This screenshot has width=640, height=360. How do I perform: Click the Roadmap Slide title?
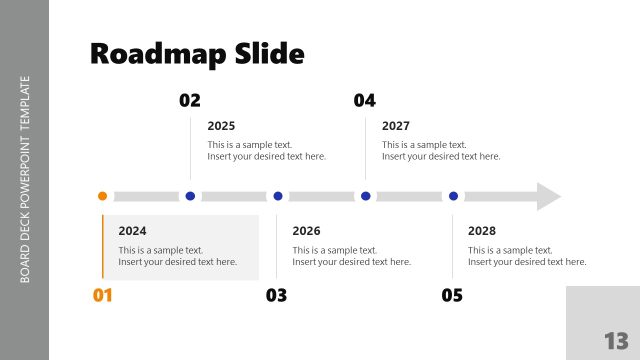pyautogui.click(x=197, y=53)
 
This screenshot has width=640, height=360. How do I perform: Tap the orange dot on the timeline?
pyautogui.click(x=102, y=196)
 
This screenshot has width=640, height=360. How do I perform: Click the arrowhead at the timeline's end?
pyautogui.click(x=548, y=196)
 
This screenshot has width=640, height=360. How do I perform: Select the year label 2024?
pyautogui.click(x=132, y=231)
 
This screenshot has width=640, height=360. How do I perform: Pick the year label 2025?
pyautogui.click(x=221, y=126)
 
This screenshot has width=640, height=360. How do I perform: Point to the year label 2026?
pyautogui.click(x=306, y=231)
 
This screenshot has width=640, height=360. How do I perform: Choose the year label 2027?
pyautogui.click(x=396, y=126)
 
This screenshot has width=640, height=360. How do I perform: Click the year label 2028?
pyautogui.click(x=482, y=231)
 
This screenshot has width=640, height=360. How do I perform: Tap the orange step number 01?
pyautogui.click(x=103, y=295)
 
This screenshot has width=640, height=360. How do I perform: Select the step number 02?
pyautogui.click(x=190, y=100)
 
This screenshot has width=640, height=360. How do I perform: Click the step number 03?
pyautogui.click(x=277, y=295)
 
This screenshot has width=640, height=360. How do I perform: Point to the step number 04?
pyautogui.click(x=365, y=100)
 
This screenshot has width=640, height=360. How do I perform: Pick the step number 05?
pyautogui.click(x=452, y=295)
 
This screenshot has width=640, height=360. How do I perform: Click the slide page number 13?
pyautogui.click(x=615, y=339)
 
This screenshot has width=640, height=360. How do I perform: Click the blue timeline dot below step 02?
pyautogui.click(x=190, y=196)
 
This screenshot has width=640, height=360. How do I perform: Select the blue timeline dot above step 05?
pyautogui.click(x=453, y=196)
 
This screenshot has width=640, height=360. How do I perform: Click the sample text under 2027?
pyautogui.click(x=440, y=150)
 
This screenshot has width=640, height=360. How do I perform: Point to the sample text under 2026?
pyautogui.click(x=351, y=256)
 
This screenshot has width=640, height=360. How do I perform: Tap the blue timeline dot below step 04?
pyautogui.click(x=365, y=196)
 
